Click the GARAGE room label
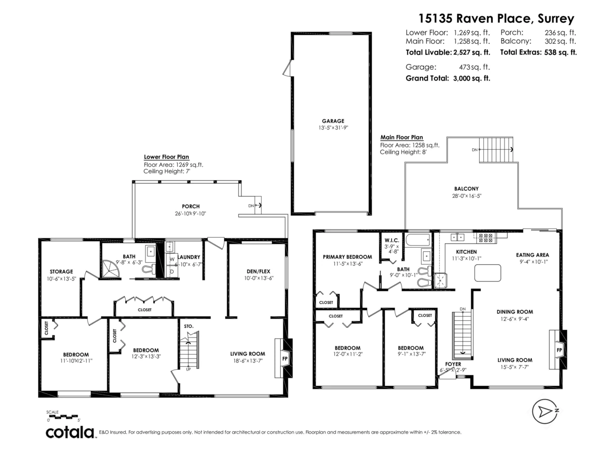[333, 121]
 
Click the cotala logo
[70, 432]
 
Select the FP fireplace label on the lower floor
[285, 359]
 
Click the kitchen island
[487, 273]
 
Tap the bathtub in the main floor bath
[418, 240]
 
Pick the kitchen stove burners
[485, 238]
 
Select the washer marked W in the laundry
[172, 259]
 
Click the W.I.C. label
[391, 241]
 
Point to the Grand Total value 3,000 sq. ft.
[472, 78]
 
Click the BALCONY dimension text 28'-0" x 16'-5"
[467, 196]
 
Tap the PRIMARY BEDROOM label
[347, 257]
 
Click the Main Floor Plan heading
[401, 137]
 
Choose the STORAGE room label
[61, 272]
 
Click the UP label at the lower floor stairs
[188, 369]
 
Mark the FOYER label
[453, 364]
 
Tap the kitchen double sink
[458, 237]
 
